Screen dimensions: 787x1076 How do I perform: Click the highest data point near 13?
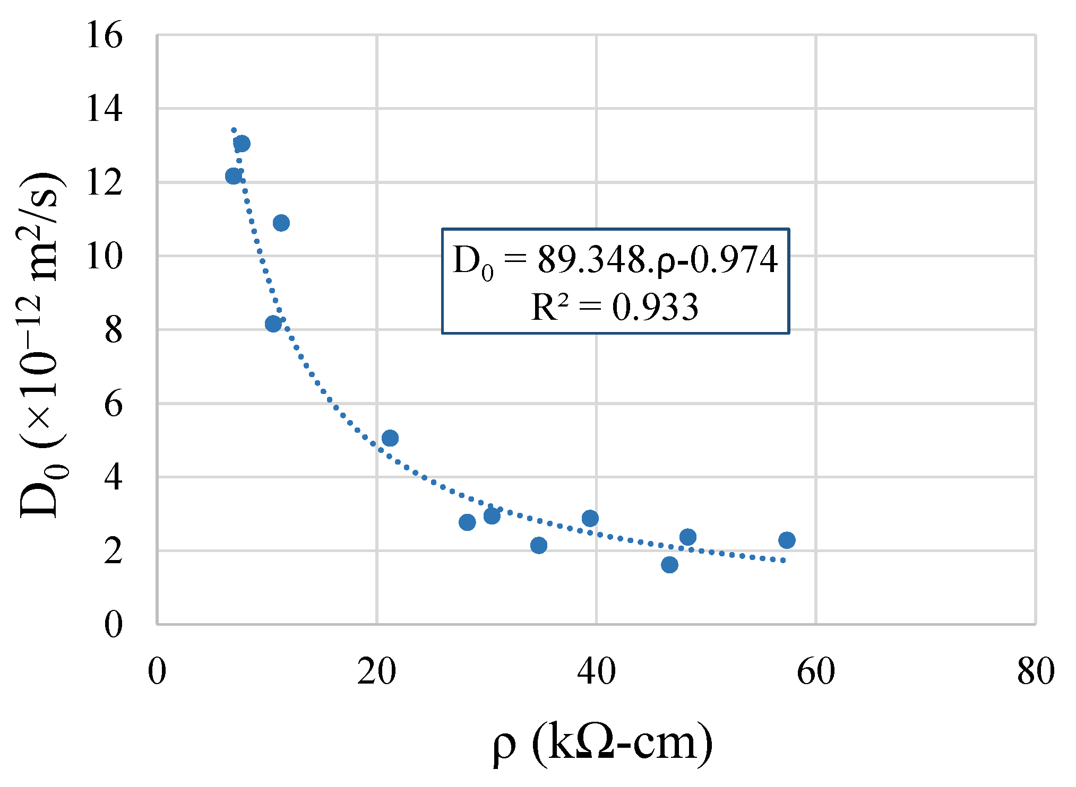(x=242, y=143)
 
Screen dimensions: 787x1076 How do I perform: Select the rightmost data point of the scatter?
(x=787, y=540)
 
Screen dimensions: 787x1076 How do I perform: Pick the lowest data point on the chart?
(x=669, y=565)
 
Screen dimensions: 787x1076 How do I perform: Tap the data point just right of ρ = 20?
(x=390, y=438)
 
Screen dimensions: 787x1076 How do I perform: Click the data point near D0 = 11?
(x=281, y=223)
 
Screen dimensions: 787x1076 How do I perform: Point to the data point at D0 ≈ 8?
(x=273, y=323)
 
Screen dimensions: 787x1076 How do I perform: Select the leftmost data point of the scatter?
(x=233, y=176)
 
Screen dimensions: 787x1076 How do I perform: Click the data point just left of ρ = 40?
(x=590, y=518)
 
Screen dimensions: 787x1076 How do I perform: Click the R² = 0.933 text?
(x=615, y=308)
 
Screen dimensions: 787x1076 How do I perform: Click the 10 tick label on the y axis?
(x=105, y=257)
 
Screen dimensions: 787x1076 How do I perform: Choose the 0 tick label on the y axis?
(x=113, y=625)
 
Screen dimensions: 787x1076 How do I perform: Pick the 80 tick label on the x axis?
(x=1036, y=671)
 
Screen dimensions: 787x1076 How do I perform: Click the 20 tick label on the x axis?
(x=376, y=671)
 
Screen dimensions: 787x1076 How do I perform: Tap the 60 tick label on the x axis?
(x=816, y=671)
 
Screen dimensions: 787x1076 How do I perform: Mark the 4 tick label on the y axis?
(x=113, y=478)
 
